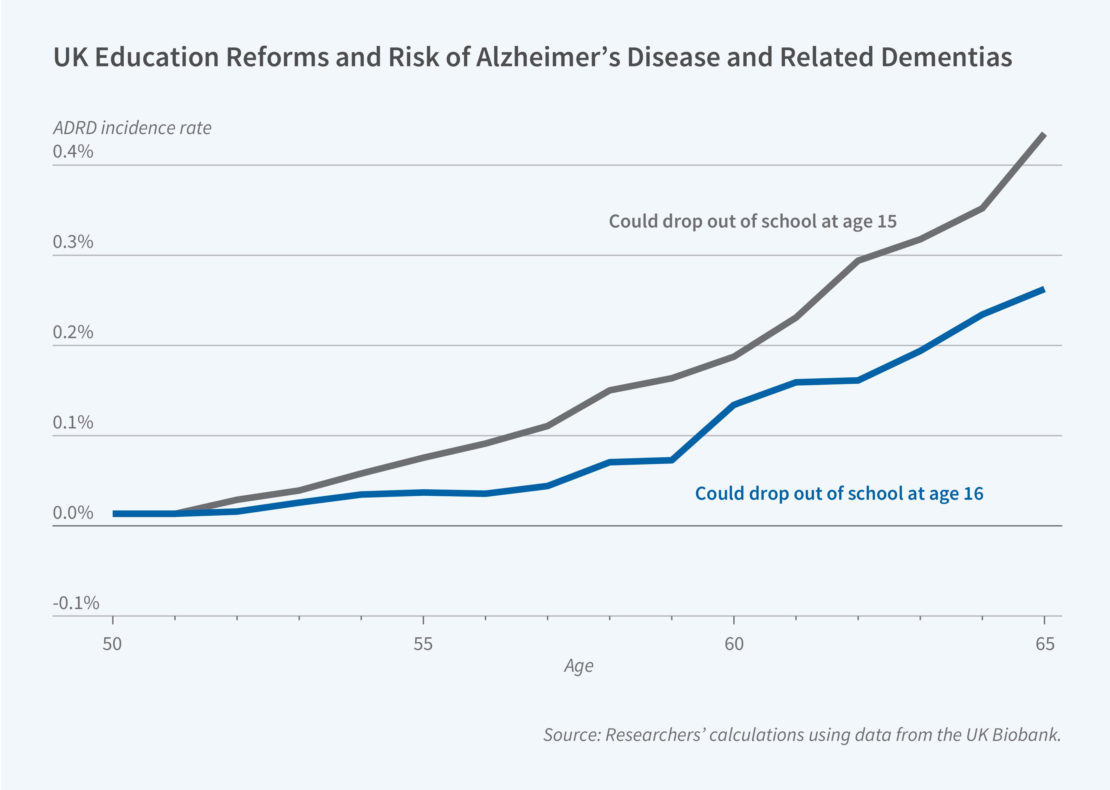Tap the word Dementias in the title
(946, 57)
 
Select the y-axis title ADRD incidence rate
(132, 128)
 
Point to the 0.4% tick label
(73, 152)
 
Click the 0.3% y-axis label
(73, 242)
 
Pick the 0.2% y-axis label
(73, 332)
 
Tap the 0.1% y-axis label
(73, 422)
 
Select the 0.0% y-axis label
(73, 513)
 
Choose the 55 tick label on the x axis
(423, 644)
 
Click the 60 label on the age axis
(734, 644)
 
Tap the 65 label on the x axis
(1045, 644)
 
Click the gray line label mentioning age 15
(752, 221)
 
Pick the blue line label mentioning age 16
(839, 494)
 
